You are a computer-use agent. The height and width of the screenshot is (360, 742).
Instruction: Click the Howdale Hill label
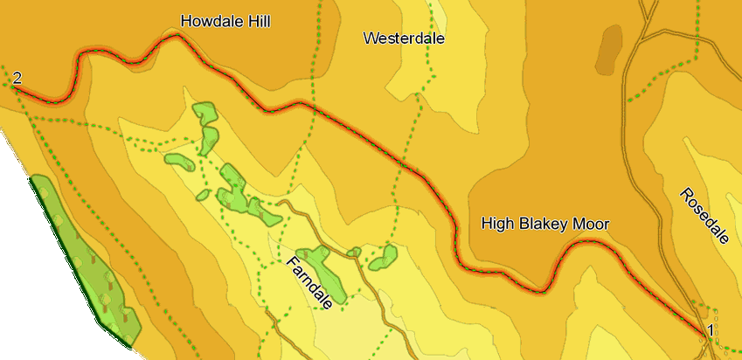tap(225, 21)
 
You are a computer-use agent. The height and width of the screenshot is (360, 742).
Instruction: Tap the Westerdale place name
tap(405, 38)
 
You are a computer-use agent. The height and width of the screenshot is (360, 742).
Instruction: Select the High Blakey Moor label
tap(544, 224)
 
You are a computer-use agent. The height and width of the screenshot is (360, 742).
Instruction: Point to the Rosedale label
tap(703, 217)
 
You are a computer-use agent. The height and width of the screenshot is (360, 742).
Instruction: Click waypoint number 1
tap(711, 330)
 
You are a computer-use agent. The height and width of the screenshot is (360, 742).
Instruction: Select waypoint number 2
tap(17, 79)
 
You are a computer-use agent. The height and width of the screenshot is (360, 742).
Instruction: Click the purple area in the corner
tap(22, 262)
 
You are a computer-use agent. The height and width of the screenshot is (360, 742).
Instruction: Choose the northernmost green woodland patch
tap(205, 113)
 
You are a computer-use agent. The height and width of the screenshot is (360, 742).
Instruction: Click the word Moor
tap(590, 224)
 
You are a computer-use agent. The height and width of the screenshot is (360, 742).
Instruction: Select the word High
tap(496, 224)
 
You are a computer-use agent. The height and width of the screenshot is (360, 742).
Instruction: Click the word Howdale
tap(209, 21)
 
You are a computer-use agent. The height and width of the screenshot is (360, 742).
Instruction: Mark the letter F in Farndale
tap(289, 260)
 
